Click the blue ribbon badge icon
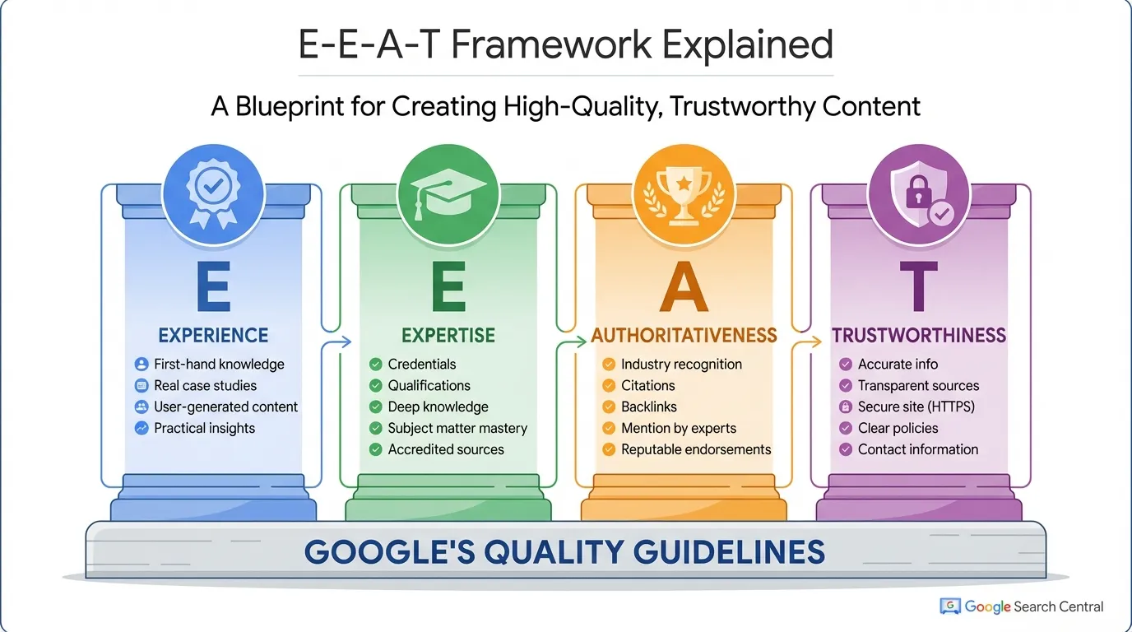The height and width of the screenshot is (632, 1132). click(213, 195)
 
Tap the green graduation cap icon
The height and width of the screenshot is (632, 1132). click(448, 195)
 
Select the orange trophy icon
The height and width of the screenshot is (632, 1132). click(684, 195)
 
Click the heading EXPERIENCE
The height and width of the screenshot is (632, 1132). click(213, 335)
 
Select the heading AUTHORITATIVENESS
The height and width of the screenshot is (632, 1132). click(684, 335)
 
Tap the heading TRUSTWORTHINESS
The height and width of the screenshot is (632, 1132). click(919, 335)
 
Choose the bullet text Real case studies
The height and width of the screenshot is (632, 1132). click(205, 385)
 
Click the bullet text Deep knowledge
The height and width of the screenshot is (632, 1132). click(438, 407)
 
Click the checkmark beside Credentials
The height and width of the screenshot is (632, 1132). click(375, 364)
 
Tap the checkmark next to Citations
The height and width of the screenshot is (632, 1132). click(609, 385)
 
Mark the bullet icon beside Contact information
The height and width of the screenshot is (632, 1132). click(845, 449)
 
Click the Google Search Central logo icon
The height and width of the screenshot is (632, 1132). click(950, 606)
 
